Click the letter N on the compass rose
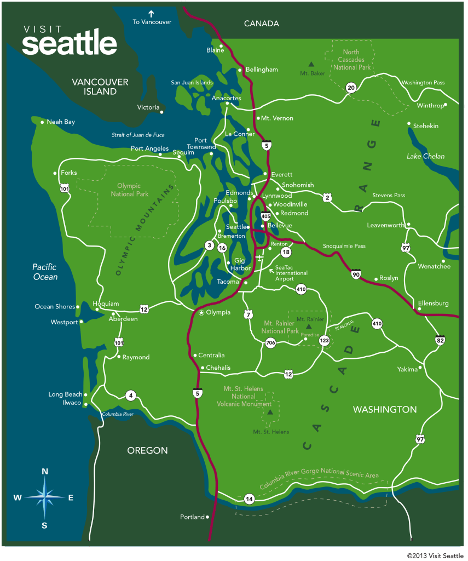tap(45, 471)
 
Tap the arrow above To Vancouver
tap(152, 13)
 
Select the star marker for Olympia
tap(201, 313)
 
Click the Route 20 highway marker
tap(351, 87)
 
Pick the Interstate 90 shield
tap(356, 274)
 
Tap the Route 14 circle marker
tap(249, 499)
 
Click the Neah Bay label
tap(61, 122)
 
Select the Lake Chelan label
tap(425, 156)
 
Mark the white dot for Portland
tap(207, 517)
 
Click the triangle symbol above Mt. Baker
tap(311, 64)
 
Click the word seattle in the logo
tap(70, 44)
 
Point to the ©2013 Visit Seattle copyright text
tap(435, 555)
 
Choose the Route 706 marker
tap(270, 344)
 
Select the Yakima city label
tap(407, 369)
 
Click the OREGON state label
tap(147, 450)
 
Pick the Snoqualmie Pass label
tap(344, 246)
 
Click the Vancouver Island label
tap(100, 87)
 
